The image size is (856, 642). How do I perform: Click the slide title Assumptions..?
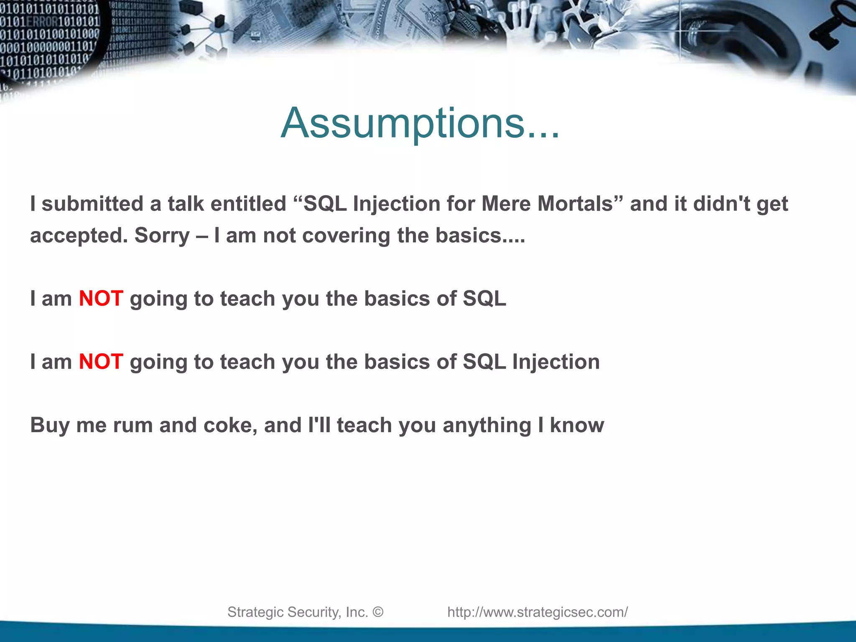[420, 123]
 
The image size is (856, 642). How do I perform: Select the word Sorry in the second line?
[162, 236]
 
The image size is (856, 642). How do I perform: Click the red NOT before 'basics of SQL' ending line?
[101, 299]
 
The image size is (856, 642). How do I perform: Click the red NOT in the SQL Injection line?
[101, 362]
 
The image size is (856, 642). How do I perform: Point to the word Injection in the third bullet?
[556, 362]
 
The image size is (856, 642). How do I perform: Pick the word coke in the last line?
[229, 425]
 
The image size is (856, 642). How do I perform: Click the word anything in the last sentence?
[487, 425]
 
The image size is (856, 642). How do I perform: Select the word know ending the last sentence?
[577, 425]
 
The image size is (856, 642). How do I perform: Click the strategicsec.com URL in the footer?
[538, 612]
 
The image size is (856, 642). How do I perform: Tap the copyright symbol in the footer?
[377, 612]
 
